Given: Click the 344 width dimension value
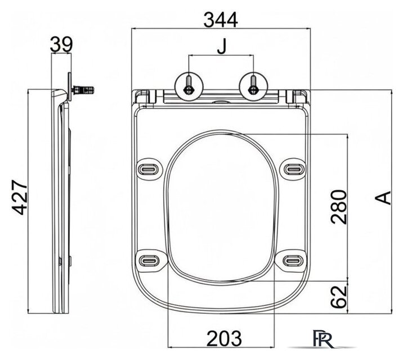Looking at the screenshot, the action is point(221,20).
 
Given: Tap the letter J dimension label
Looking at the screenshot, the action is point(221,46).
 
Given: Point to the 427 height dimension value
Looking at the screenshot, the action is point(20,197).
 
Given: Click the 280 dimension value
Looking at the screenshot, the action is point(339,207).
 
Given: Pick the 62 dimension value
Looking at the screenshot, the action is point(339,296).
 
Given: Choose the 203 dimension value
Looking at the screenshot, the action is point(224,339).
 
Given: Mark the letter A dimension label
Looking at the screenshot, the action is point(383,198).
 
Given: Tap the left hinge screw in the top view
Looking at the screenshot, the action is point(189,85).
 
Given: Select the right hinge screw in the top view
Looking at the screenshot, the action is point(254,85).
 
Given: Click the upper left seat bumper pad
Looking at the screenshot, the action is point(149,169).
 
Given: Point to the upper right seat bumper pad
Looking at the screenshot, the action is point(294,169).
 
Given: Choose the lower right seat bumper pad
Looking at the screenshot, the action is point(291,261).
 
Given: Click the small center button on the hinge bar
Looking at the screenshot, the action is point(221,102).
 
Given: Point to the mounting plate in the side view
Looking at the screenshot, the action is point(69,87).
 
